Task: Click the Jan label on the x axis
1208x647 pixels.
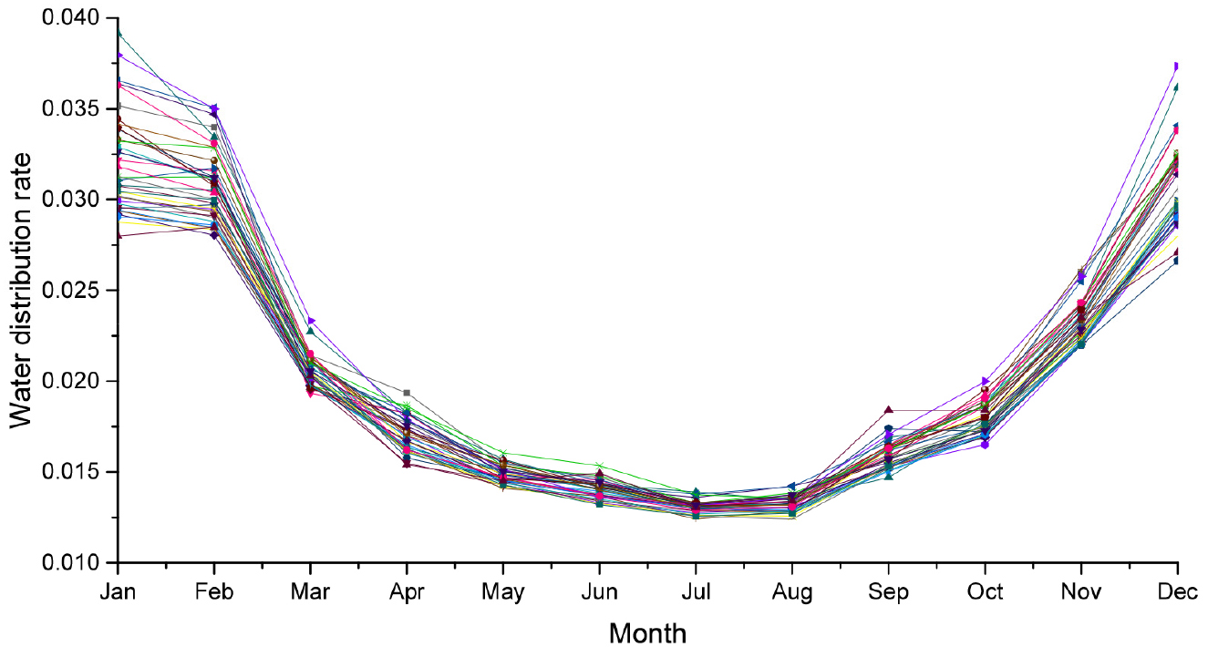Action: tap(119, 593)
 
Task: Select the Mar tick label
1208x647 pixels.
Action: tap(310, 593)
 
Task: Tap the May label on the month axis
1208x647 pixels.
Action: tap(503, 593)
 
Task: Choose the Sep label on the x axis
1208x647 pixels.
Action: tap(889, 593)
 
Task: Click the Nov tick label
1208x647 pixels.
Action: tap(1081, 593)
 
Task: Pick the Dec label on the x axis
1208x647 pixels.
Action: tap(1177, 593)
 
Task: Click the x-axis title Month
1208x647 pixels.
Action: tap(647, 632)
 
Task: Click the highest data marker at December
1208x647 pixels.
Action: tap(1177, 67)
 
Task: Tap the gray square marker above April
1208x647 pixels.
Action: tap(407, 393)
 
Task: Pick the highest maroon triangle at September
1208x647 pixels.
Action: tap(889, 410)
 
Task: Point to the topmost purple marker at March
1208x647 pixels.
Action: tap(311, 321)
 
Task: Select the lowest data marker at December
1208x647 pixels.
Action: tap(1177, 261)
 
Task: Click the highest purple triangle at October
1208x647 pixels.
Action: tap(986, 381)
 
